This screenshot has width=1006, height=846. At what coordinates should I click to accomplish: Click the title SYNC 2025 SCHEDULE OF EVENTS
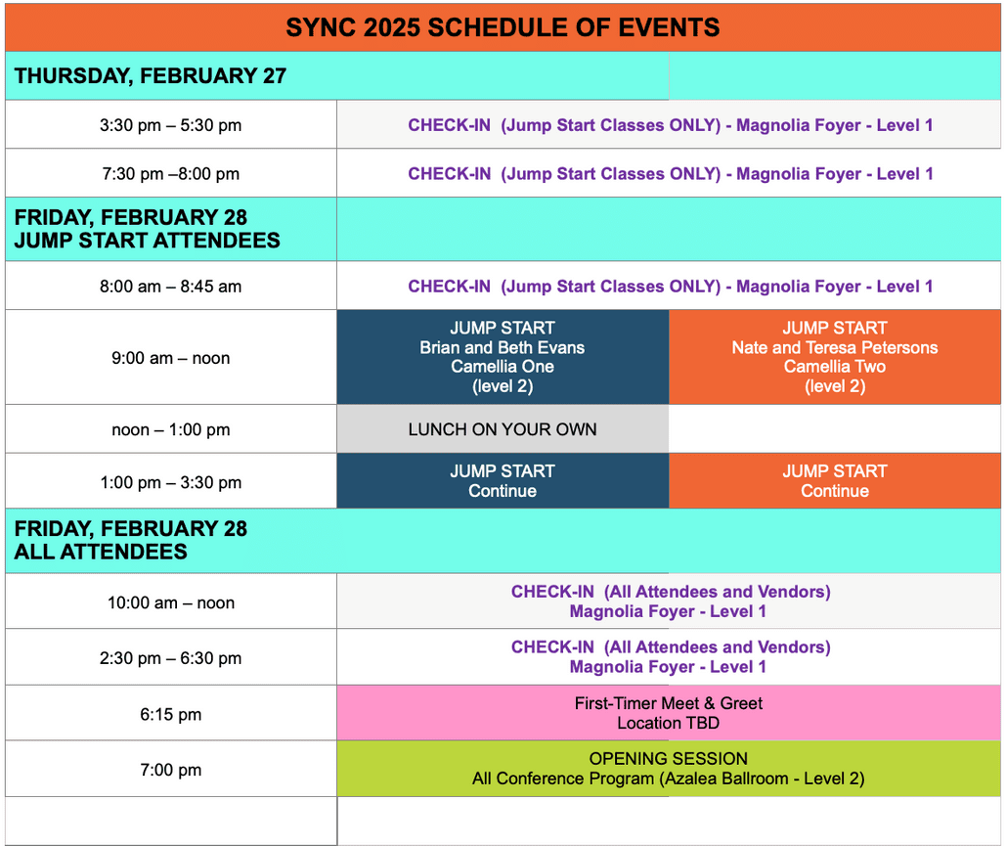click(503, 27)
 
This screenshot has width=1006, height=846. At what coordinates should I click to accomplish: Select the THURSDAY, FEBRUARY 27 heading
click(150, 75)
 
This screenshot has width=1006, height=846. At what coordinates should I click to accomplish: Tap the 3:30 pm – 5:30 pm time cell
click(170, 125)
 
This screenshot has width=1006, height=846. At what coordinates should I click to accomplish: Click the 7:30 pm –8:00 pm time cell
click(170, 174)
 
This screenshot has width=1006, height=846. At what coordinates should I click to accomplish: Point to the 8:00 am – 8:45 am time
click(170, 287)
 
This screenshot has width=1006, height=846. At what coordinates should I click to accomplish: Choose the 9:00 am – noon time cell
click(170, 358)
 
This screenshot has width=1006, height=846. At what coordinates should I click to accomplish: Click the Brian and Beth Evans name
click(503, 347)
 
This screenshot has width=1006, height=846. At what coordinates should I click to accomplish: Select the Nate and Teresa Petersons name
click(834, 347)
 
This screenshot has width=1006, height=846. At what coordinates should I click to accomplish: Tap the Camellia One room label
click(503, 367)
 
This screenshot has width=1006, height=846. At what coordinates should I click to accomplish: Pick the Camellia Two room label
click(834, 367)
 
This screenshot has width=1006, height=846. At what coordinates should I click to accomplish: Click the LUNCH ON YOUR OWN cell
click(503, 429)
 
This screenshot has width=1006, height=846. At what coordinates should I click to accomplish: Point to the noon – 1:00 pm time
click(170, 429)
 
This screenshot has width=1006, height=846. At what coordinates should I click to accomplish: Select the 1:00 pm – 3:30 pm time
click(170, 482)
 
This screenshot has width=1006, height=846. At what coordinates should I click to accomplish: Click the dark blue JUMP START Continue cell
click(503, 481)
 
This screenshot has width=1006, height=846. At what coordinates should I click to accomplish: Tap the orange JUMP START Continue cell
click(834, 481)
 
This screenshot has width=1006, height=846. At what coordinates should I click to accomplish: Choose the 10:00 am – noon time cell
click(170, 602)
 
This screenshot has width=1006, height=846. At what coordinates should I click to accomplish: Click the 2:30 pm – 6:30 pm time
click(170, 658)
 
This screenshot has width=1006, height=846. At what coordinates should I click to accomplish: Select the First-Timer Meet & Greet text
click(669, 703)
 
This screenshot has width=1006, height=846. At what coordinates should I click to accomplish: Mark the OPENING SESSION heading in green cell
click(669, 759)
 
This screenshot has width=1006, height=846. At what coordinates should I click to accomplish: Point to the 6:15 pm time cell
click(170, 714)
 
